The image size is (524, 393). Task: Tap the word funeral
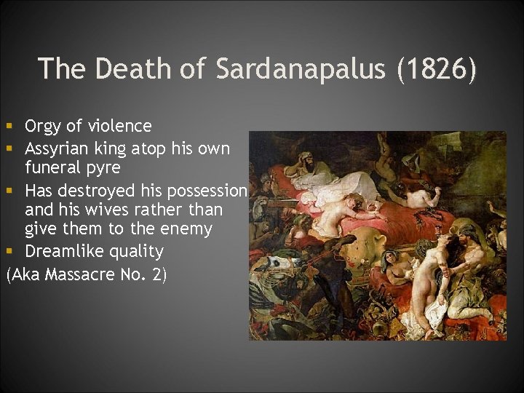pyautogui.click(x=55, y=169)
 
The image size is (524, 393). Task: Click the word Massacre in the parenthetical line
pyautogui.click(x=82, y=275)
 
